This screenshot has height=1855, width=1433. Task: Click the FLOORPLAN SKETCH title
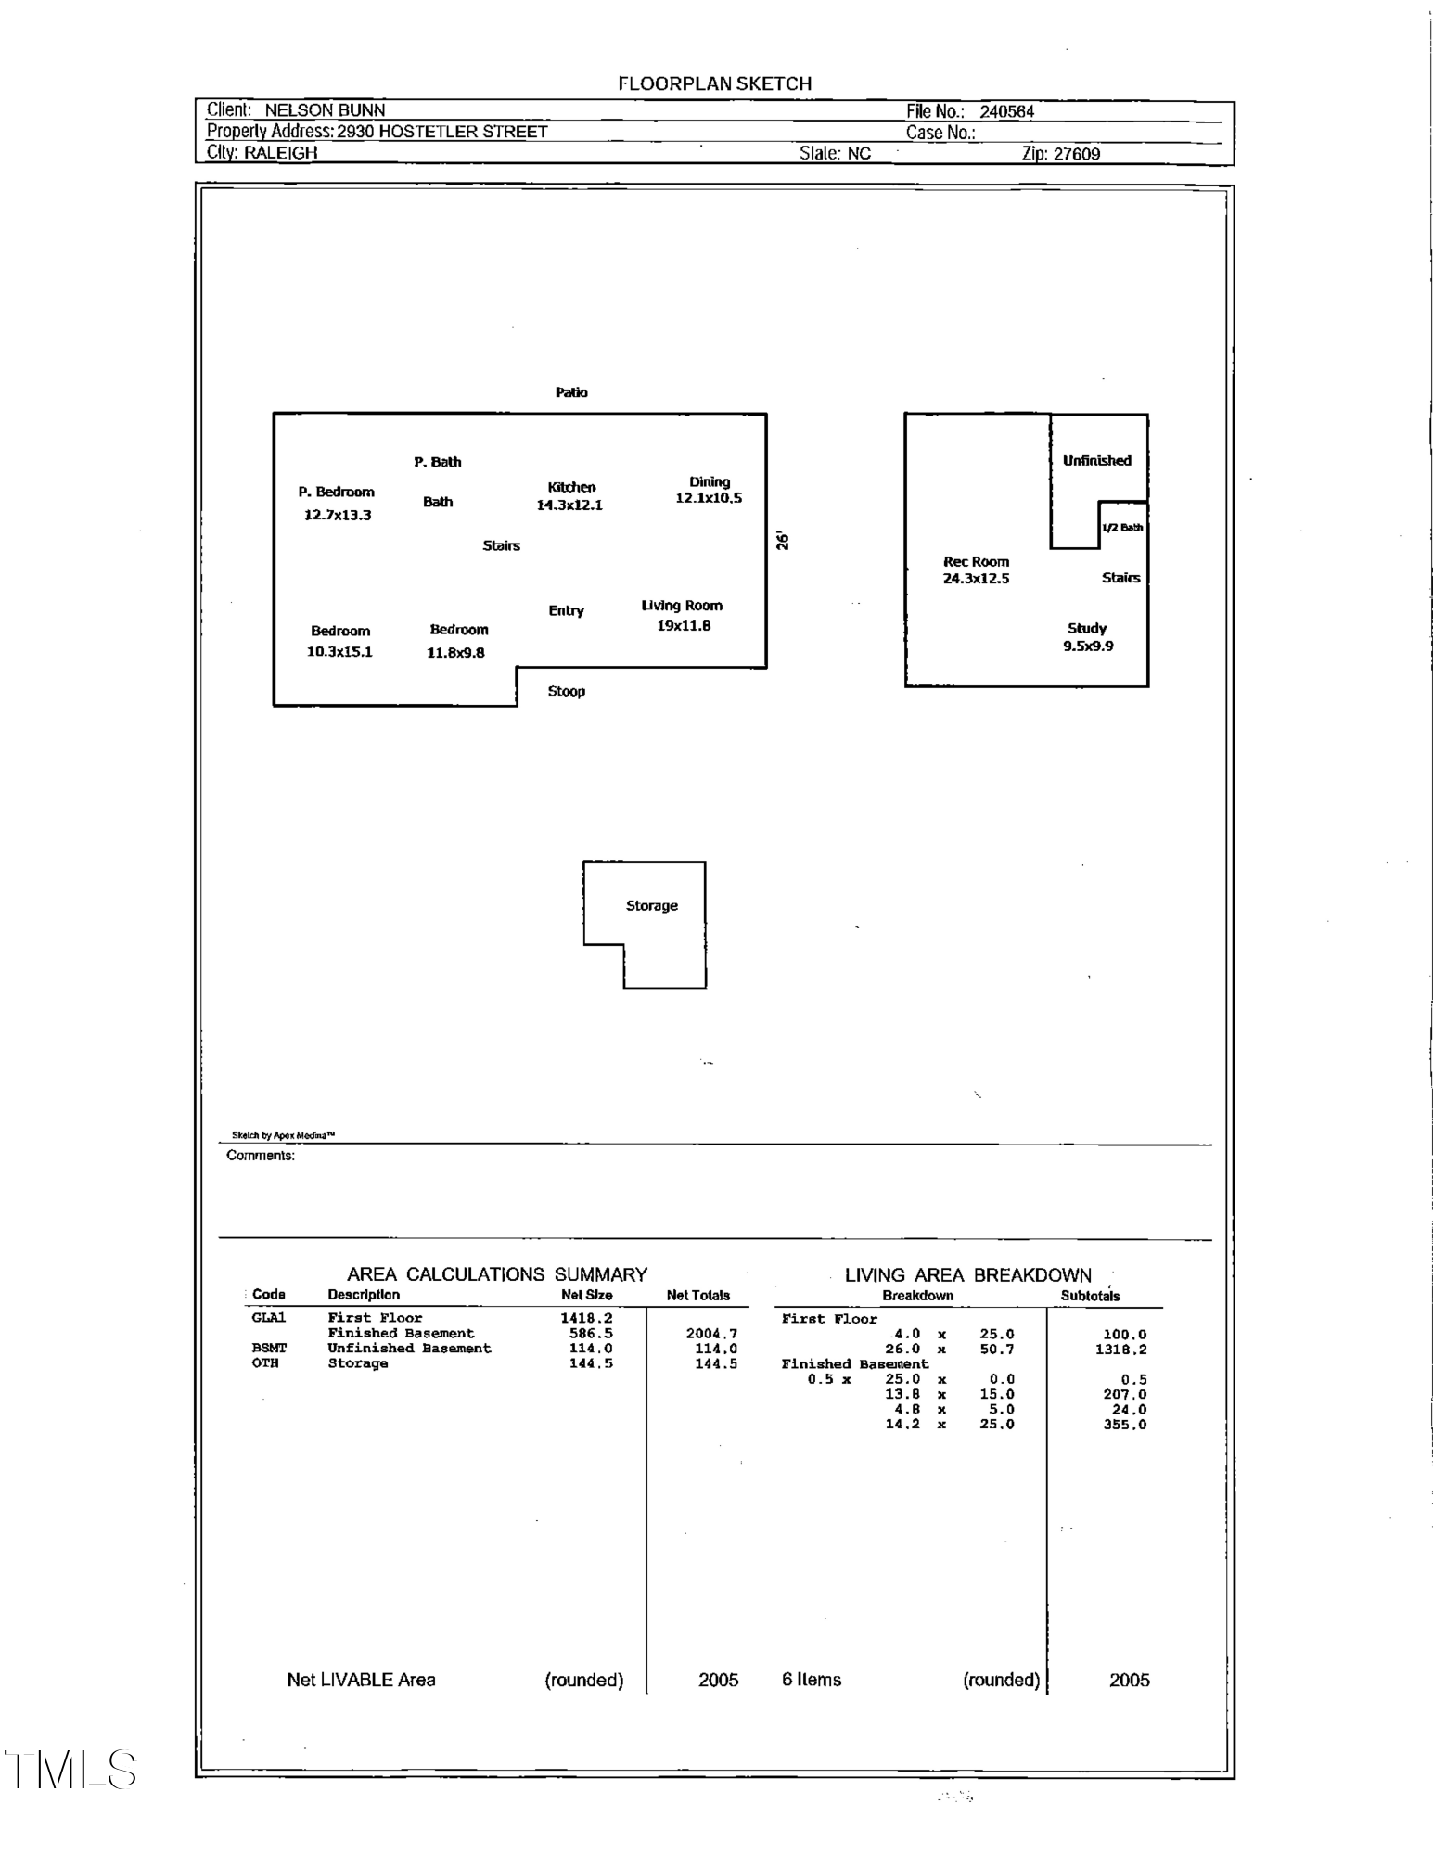714,83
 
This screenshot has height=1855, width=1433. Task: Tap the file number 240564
1006,111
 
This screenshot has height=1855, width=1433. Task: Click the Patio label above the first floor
571,392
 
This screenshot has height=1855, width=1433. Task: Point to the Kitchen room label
571,487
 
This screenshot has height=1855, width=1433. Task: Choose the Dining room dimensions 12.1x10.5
709,498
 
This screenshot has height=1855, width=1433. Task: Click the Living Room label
682,606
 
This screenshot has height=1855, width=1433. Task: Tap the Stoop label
566,691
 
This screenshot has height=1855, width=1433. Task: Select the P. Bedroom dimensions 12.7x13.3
338,515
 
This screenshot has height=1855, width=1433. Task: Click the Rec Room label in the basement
976,561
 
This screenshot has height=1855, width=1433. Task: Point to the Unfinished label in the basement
1097,460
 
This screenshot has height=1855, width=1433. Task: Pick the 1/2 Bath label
1122,528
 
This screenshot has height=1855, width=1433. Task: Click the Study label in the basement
1087,628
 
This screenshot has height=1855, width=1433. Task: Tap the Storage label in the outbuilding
652,905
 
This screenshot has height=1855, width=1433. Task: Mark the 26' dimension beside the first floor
783,541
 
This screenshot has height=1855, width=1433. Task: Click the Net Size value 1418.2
586,1318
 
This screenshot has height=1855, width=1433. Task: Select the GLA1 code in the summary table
269,1318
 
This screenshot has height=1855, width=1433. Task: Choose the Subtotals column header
1090,1296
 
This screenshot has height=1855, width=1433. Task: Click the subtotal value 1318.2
1120,1350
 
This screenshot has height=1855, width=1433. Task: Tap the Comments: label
261,1156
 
